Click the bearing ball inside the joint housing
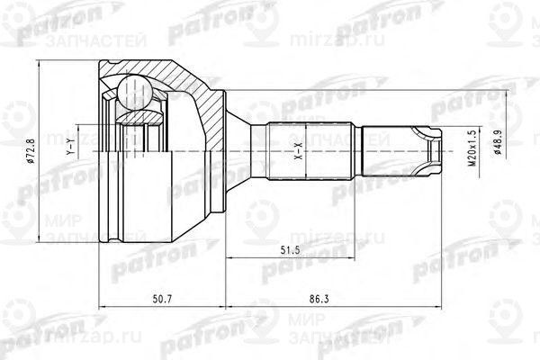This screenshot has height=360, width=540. coord(133,93)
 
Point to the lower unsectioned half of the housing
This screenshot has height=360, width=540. coord(162,207)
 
